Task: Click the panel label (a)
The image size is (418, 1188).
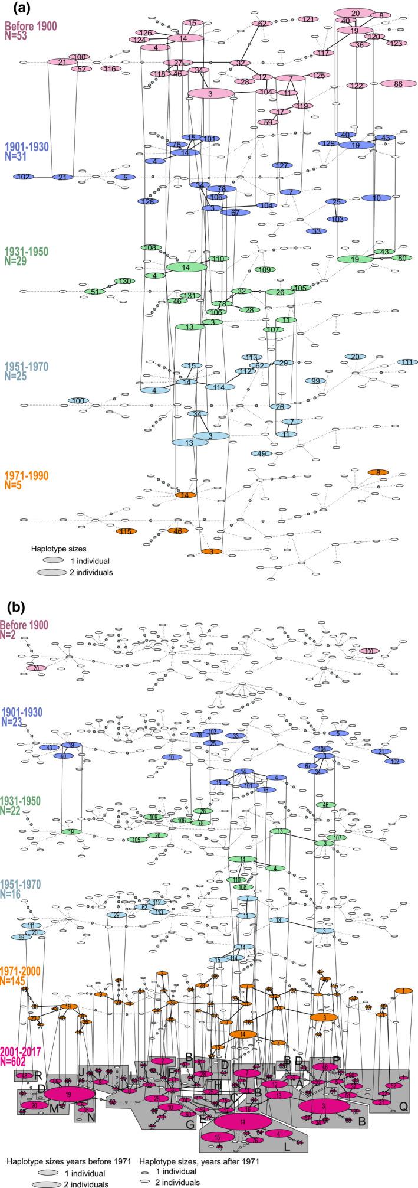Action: coord(13,9)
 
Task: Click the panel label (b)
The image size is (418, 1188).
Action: coord(13,606)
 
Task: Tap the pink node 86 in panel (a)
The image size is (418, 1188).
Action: coord(398,84)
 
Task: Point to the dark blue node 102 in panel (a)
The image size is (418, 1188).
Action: coord(24,177)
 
